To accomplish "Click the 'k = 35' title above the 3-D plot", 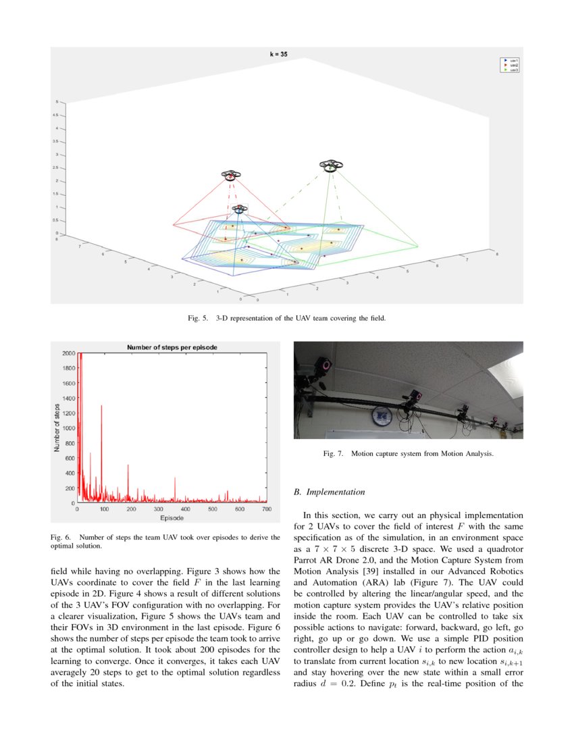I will (278, 53).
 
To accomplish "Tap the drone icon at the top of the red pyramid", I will (231, 175).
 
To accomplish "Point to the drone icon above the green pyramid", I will (330, 165).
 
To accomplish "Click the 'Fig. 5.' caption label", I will (198, 317).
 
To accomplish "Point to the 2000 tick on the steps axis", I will (68, 353).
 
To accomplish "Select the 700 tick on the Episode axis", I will (266, 509).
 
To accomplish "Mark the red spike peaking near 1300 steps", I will (101, 407).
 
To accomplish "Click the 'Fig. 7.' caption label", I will (334, 454).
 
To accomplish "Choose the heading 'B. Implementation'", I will (330, 492).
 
